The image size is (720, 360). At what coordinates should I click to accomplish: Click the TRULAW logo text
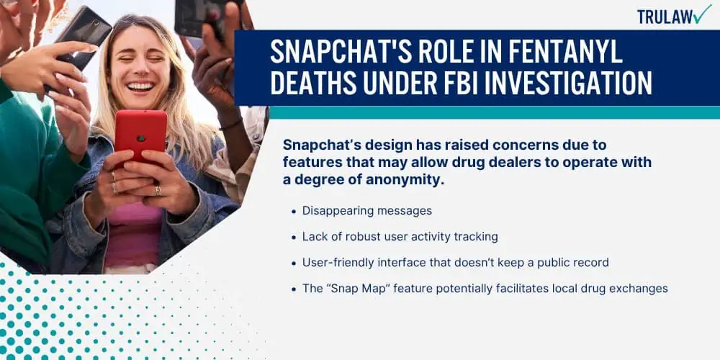[x=665, y=17]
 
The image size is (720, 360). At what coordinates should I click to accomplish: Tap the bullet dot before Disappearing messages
[x=294, y=212]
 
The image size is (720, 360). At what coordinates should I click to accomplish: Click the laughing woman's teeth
[x=140, y=86]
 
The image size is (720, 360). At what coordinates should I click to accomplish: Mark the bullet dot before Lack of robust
[x=294, y=238]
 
